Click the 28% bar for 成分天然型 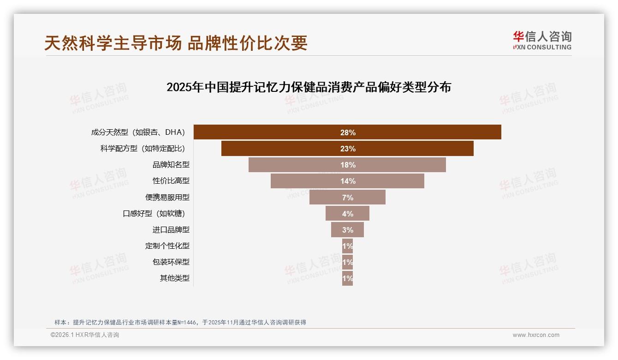point(347,132)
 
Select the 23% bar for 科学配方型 point(347,149)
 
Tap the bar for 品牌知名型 point(347,165)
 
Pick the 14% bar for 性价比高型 point(347,181)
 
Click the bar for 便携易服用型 point(347,197)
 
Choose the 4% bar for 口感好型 point(347,213)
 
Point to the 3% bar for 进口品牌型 point(347,229)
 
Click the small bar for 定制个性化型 point(347,246)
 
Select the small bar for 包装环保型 point(347,262)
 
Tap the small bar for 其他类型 point(347,278)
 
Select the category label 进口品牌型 point(171,230)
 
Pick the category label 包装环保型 point(171,262)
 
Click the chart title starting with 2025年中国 point(309,87)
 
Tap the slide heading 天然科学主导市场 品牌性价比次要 point(176,43)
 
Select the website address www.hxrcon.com point(536,335)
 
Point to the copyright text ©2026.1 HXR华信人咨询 point(85,335)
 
